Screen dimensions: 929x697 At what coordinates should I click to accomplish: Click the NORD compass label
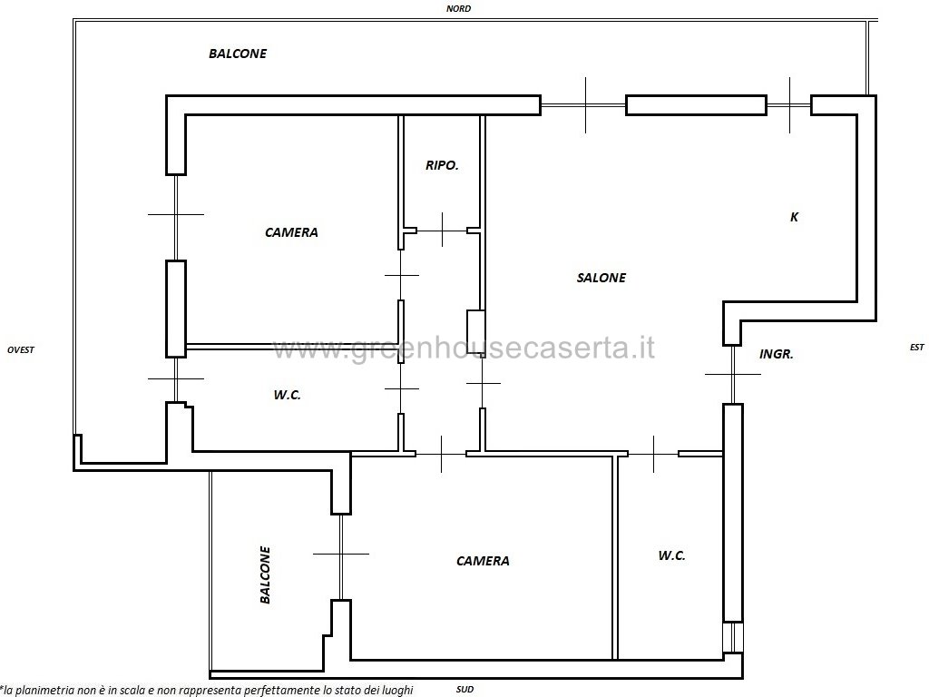(458, 8)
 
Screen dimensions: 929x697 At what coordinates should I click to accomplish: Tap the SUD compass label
(464, 690)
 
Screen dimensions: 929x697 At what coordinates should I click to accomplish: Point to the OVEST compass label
(21, 349)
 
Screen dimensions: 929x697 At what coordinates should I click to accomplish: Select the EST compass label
(916, 347)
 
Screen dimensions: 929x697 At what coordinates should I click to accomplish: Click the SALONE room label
(601, 278)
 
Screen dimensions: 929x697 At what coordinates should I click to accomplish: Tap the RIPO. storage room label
(442, 165)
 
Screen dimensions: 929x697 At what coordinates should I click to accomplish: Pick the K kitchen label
(794, 217)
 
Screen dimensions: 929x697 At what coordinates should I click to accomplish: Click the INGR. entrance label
(777, 355)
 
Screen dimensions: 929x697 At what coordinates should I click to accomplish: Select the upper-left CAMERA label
(291, 232)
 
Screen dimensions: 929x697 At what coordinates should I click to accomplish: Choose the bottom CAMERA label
(483, 561)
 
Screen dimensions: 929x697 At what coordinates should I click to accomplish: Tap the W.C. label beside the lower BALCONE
(671, 555)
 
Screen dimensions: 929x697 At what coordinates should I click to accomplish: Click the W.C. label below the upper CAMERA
(287, 395)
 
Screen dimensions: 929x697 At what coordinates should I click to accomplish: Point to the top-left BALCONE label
(238, 54)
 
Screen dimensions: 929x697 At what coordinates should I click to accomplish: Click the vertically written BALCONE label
(265, 574)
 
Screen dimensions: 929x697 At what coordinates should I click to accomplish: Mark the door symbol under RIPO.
(442, 230)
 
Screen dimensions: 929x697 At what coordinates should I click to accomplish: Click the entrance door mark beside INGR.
(733, 374)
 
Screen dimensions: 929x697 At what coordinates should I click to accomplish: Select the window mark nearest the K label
(789, 105)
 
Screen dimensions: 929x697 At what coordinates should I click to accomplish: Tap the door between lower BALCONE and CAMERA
(341, 555)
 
